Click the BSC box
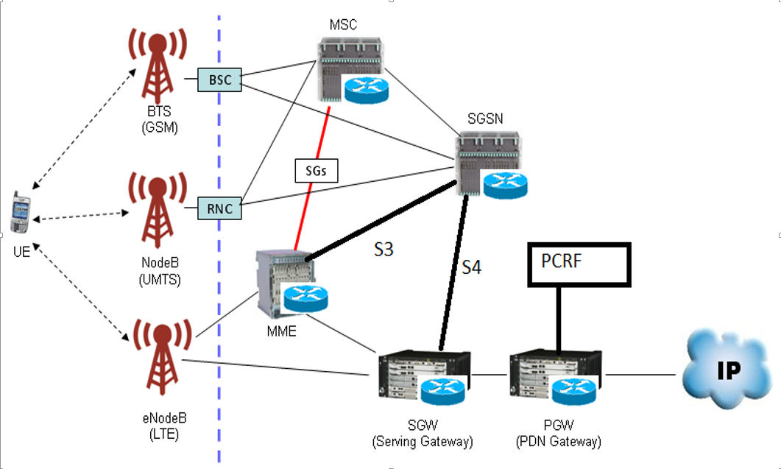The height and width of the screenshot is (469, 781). pos(219,79)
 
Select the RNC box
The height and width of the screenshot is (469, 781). pos(219,209)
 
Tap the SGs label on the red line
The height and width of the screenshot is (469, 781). pos(315,171)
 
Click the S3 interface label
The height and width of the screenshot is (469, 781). pos(383,250)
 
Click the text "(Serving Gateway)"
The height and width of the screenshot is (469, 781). pos(423,442)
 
